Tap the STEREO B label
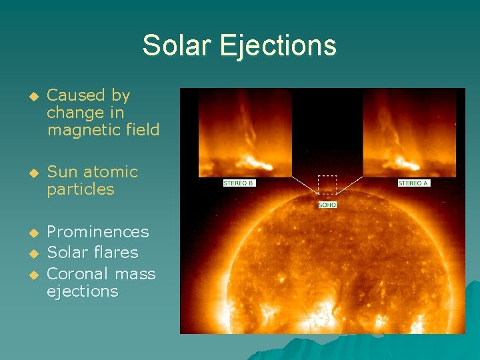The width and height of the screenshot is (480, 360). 239,183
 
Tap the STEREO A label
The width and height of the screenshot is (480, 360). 413,183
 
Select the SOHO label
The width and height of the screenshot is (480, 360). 327,205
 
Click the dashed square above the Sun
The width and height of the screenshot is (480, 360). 327,185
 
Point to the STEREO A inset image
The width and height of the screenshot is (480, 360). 409,133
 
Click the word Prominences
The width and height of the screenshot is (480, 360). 98,232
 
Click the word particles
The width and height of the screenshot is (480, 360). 81,189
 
